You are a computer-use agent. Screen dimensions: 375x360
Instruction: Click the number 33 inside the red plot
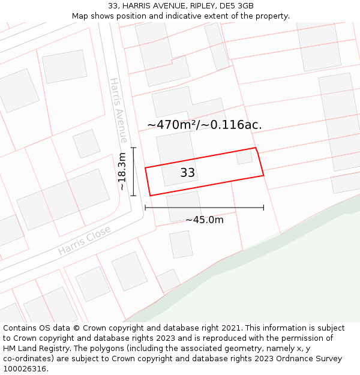coord(188,173)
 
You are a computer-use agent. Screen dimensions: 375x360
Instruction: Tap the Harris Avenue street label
coord(118,110)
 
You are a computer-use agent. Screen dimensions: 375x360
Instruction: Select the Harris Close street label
coord(85,240)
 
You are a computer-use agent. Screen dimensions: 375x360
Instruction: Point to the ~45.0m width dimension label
coord(204,220)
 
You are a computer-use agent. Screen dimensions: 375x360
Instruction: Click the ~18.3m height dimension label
coord(122,172)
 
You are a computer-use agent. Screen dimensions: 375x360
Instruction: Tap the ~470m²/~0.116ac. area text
coord(205,125)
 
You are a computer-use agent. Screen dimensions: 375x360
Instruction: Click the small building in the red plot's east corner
coord(244,156)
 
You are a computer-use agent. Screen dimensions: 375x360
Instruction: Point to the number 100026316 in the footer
coord(26,368)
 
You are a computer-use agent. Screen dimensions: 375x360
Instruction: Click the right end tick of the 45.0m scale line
coord(263,208)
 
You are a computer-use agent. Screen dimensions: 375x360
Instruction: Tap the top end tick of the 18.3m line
coord(133,148)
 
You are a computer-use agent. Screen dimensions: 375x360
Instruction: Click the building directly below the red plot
coord(184,206)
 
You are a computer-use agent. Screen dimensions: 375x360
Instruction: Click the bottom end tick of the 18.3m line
coord(133,196)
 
